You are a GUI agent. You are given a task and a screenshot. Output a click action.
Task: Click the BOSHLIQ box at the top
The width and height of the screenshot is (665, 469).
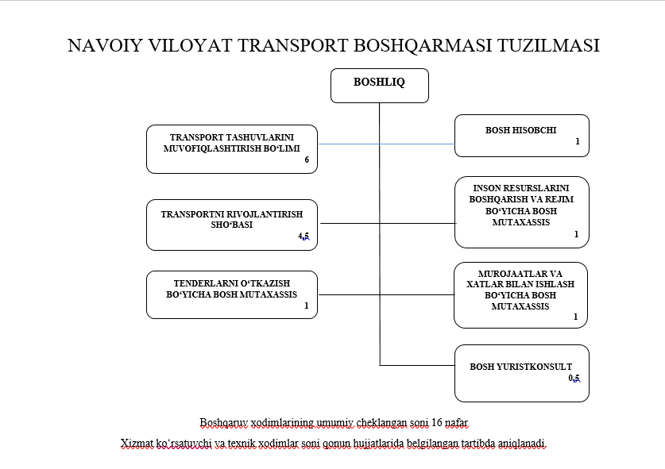pyautogui.click(x=379, y=83)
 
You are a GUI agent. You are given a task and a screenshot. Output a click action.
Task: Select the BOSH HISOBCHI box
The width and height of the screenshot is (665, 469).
pyautogui.click(x=520, y=130)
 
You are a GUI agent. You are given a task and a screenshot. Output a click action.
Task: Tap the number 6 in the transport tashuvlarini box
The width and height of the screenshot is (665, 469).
pyautogui.click(x=306, y=160)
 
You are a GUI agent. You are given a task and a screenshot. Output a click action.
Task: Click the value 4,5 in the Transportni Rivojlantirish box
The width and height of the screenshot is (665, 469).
pyautogui.click(x=303, y=236)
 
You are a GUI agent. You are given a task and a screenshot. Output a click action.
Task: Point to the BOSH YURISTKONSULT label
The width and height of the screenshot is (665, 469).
pyautogui.click(x=520, y=367)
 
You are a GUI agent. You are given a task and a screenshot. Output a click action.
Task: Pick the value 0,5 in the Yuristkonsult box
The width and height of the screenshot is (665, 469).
pyautogui.click(x=574, y=379)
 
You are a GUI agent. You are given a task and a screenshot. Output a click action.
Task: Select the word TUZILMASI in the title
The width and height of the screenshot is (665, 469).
pyautogui.click(x=547, y=45)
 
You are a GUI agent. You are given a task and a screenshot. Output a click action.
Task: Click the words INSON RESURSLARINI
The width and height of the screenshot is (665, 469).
pyautogui.click(x=520, y=189)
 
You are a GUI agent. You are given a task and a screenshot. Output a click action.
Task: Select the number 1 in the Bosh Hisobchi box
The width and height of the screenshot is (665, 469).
pyautogui.click(x=578, y=142)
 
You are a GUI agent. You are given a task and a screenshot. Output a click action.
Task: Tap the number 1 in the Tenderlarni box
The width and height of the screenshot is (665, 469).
pyautogui.click(x=306, y=306)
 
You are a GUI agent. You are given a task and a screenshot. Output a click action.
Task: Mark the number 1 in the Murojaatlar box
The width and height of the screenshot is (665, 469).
pyautogui.click(x=576, y=317)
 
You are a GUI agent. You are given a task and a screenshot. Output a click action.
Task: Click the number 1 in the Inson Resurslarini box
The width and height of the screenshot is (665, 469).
pyautogui.click(x=576, y=234)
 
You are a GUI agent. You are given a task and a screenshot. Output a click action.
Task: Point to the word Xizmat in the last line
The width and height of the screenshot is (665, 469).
pyautogui.click(x=136, y=443)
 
